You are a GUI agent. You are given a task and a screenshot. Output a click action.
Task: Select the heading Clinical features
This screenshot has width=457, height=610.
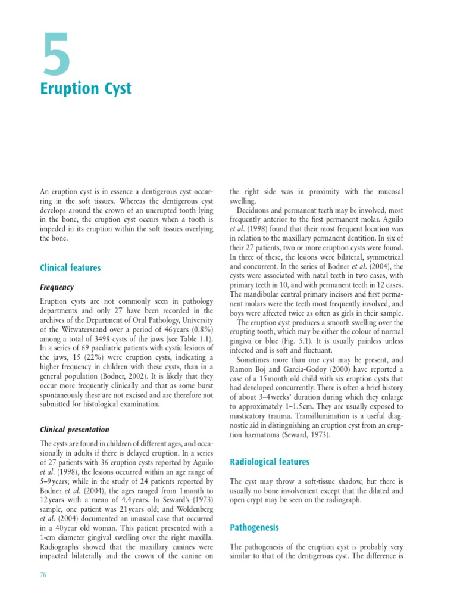[x=70, y=268]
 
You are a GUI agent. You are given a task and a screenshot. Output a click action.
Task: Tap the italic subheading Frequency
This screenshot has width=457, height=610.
[x=57, y=287]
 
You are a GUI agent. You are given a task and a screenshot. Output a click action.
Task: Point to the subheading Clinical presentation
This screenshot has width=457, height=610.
[x=74, y=429]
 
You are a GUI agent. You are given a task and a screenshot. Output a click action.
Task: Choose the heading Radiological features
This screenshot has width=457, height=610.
[x=270, y=462]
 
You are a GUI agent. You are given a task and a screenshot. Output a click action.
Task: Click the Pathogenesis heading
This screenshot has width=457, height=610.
[x=254, y=528]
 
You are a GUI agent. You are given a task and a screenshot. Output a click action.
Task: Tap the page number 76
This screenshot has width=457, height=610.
[x=43, y=575]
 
